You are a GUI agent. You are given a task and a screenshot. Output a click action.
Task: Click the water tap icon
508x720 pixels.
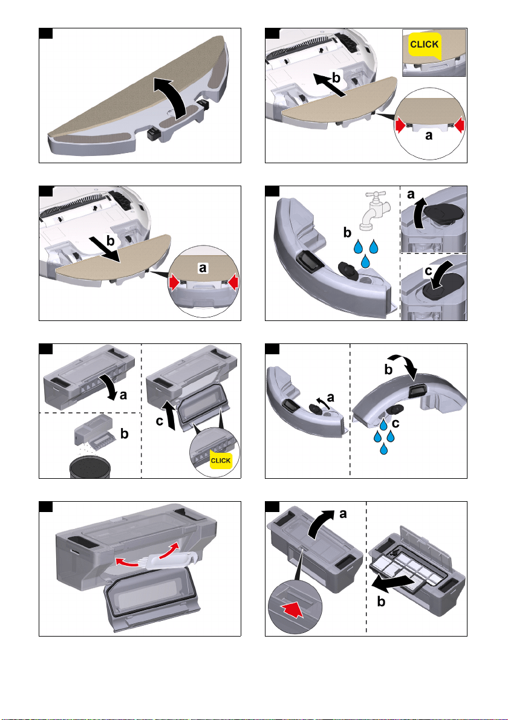(375, 210)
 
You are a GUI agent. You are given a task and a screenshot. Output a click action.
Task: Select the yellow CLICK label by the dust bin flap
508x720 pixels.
(221, 461)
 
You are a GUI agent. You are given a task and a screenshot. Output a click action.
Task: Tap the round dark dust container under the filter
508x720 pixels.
(91, 467)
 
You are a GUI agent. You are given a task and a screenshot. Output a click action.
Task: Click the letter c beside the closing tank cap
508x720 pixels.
(429, 271)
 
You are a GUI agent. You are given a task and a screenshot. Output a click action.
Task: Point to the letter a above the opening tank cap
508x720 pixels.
(411, 194)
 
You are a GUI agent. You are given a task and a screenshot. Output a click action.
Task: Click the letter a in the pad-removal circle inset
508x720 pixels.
(203, 268)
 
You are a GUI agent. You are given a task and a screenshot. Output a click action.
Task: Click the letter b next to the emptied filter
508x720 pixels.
(124, 433)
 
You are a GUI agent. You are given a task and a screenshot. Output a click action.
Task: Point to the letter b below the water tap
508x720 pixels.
(347, 233)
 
